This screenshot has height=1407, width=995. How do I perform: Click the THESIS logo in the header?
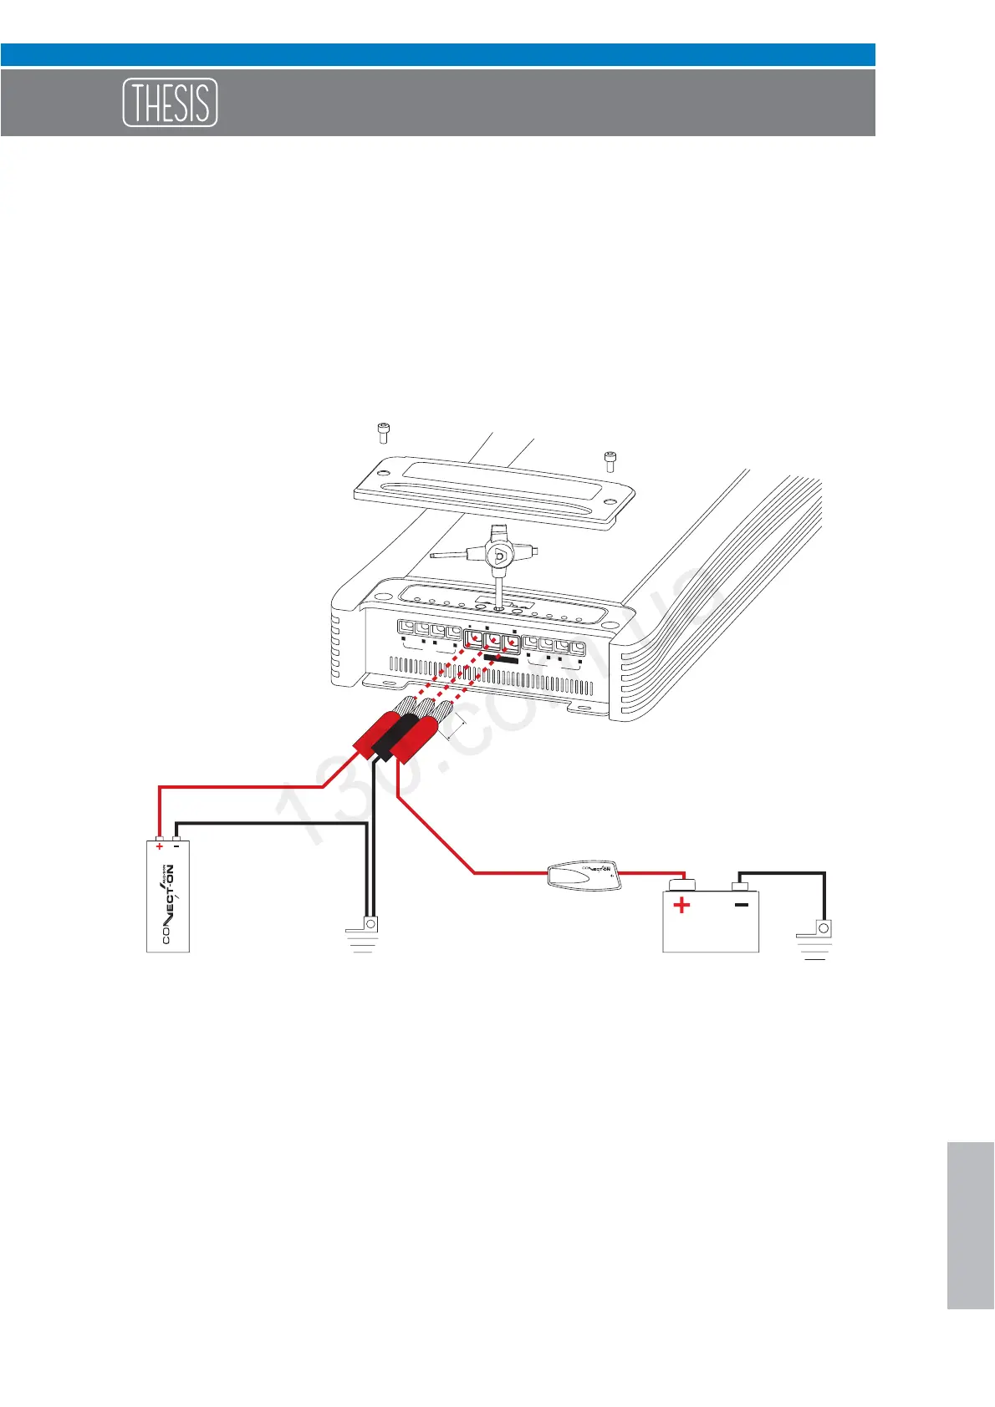pos(171,103)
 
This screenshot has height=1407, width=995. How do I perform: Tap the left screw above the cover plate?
pos(383,433)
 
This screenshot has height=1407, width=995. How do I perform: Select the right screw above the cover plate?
pos(610,460)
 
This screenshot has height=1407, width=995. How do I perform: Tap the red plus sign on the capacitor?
pos(159,846)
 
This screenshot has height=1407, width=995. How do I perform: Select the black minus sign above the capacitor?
pos(176,846)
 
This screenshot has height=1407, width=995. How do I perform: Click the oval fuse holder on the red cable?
pos(583,875)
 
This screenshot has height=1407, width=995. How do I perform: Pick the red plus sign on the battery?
pos(682,905)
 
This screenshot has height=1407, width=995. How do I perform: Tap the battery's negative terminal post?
pos(739,885)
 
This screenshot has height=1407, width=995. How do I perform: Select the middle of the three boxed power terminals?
pos(493,642)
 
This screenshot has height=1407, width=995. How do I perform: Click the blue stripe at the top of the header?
pos(437,54)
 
